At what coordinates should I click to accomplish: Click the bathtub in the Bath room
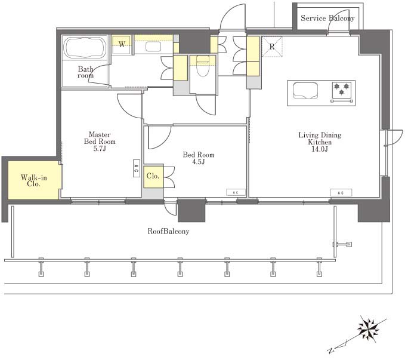[85, 48]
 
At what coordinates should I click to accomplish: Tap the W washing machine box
[122, 45]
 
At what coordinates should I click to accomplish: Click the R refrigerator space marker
[272, 47]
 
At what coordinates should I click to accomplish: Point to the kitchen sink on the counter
[305, 90]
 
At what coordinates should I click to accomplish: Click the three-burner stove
[342, 91]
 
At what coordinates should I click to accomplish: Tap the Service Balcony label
[327, 18]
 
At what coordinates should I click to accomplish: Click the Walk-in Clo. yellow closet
[34, 180]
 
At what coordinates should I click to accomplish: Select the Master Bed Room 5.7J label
[100, 141]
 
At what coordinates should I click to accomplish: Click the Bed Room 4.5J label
[199, 158]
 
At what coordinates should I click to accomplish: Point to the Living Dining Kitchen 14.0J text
[320, 142]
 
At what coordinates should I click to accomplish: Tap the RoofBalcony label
[168, 231]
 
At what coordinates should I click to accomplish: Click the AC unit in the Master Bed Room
[137, 168]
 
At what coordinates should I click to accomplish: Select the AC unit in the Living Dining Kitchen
[341, 193]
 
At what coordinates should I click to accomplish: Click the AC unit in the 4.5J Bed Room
[236, 192]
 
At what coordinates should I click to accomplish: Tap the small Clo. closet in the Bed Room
[153, 176]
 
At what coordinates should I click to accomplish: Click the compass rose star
[369, 328]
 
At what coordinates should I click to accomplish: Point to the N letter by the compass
[330, 350]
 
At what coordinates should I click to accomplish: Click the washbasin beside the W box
[153, 47]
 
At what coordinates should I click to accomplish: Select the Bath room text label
[85, 72]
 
